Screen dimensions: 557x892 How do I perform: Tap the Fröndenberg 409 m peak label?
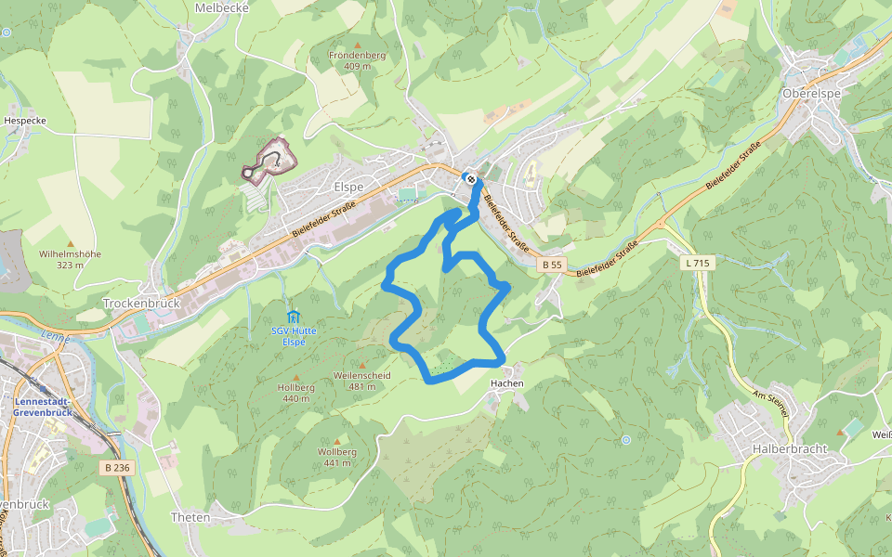coord(357,60)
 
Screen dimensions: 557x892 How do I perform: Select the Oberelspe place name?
coord(812,94)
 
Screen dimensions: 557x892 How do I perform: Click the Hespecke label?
coord(25,121)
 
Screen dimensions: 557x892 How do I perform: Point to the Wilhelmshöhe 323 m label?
coord(71,258)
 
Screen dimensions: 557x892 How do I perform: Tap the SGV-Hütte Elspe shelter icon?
coord(294,317)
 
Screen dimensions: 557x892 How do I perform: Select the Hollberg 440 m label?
coord(295,393)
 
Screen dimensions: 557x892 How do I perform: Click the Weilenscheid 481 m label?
coord(361,381)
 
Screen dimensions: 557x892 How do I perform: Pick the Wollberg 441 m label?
coord(337,457)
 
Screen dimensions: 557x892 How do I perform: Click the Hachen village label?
coord(507,383)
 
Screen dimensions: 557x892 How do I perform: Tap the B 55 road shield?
coord(552,265)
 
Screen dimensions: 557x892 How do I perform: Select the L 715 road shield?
coord(697,264)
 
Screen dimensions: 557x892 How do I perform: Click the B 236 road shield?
coord(117,468)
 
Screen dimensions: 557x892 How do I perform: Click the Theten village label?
coord(190,517)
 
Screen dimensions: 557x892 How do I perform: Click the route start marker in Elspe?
coord(471,178)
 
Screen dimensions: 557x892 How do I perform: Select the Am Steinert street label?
coord(772,406)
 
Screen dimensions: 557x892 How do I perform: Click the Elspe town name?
coord(347,186)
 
